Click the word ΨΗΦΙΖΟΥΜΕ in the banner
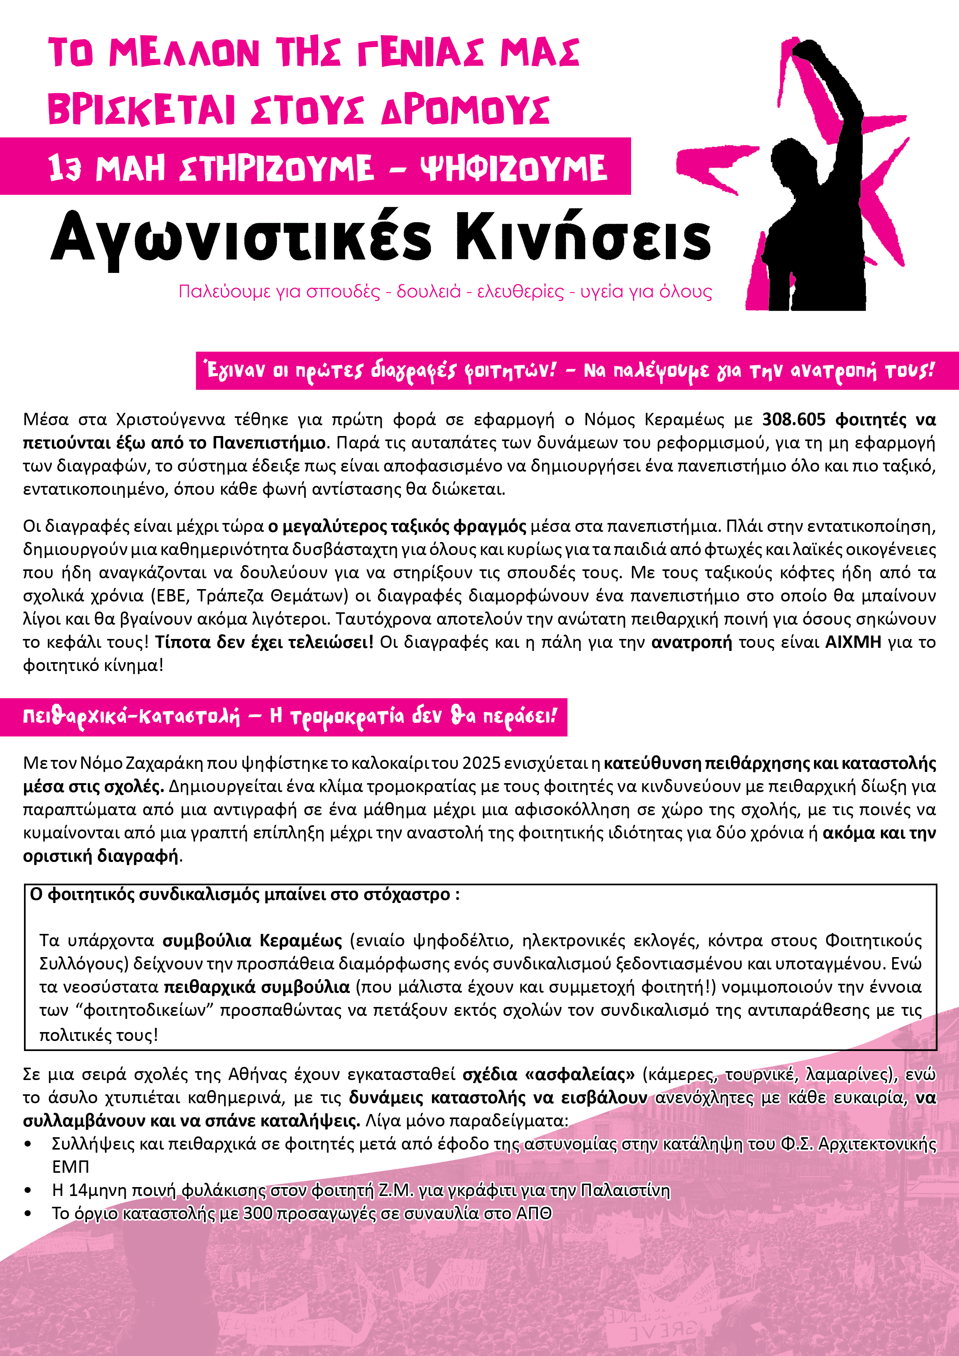pyautogui.click(x=513, y=168)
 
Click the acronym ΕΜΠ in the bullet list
pyautogui.click(x=70, y=1167)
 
